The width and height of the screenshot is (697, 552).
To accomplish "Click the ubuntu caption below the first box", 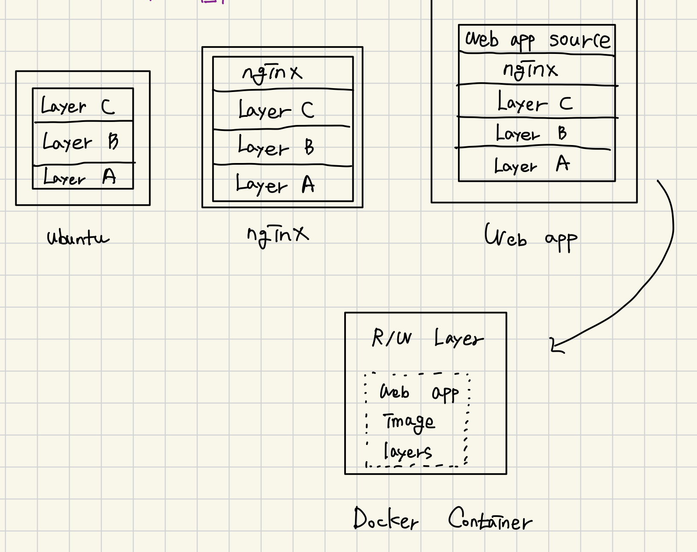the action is point(78,237).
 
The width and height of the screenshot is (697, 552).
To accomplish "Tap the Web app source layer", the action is point(537,40).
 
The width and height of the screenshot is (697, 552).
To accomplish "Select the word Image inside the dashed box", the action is point(409,422).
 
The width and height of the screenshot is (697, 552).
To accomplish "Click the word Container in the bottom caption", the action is point(490,519).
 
